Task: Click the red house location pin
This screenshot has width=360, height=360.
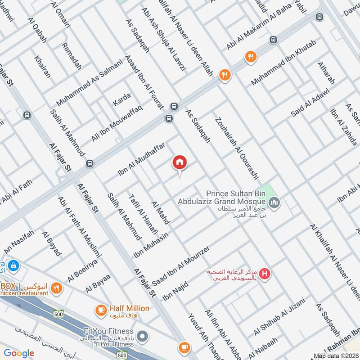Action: tap(180, 163)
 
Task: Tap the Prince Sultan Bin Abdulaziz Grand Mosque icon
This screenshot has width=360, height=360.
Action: tap(275, 203)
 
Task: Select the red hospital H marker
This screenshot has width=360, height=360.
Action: tap(265, 273)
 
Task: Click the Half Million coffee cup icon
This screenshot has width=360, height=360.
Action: tap(101, 309)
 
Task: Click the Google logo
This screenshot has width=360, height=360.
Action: tap(19, 353)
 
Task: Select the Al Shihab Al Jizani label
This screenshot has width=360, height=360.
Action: tap(279, 317)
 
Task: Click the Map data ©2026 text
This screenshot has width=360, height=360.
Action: tap(336, 356)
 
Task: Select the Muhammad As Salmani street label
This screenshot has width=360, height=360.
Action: tap(90, 83)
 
